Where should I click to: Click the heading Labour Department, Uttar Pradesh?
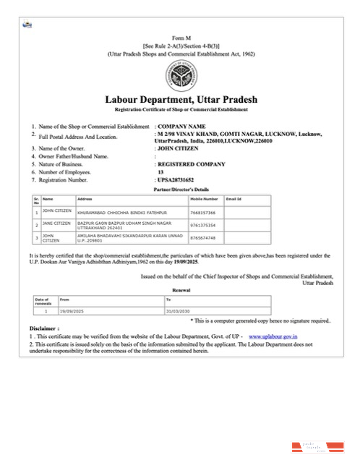coord(176,99)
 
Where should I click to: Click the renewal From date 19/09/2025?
coord(74,310)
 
